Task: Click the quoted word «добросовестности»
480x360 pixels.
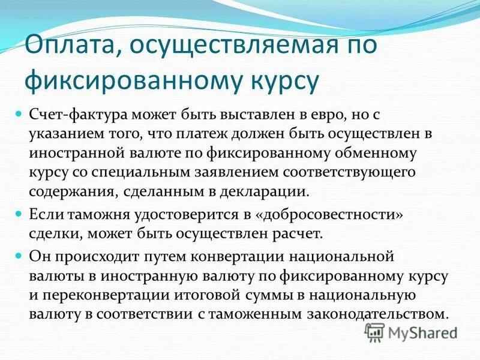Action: (x=340, y=214)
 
